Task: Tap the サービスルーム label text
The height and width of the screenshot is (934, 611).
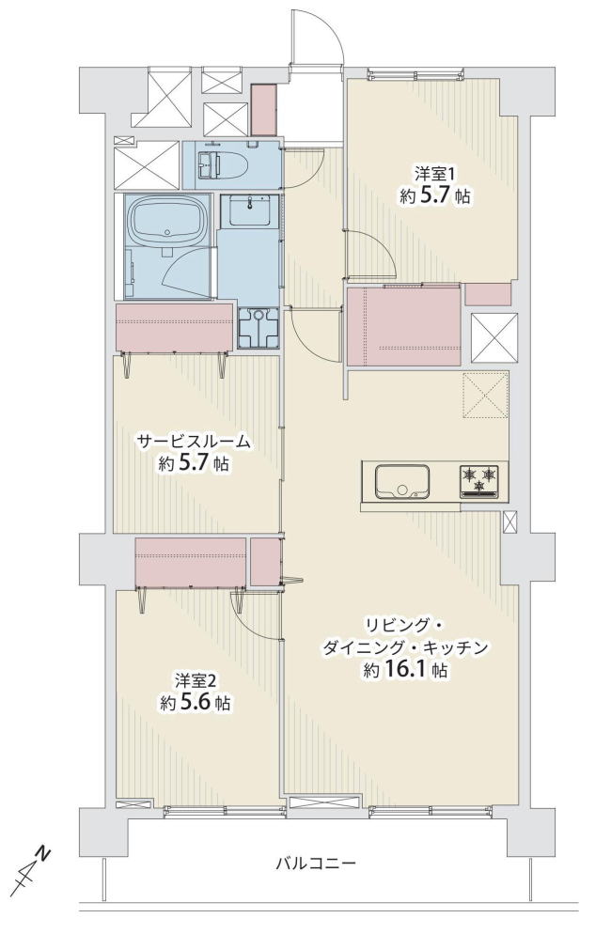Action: [x=194, y=442]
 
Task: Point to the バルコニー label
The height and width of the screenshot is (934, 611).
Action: [x=316, y=863]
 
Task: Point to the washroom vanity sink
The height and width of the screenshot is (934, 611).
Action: [x=249, y=211]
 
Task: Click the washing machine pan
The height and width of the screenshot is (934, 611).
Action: [x=258, y=327]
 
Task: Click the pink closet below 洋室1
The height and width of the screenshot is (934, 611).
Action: [x=403, y=326]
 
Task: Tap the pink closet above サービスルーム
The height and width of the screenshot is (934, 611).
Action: [x=174, y=327]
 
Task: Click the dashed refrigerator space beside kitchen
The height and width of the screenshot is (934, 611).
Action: [x=485, y=395]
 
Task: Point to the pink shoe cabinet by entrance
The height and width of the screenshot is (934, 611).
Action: [x=263, y=110]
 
